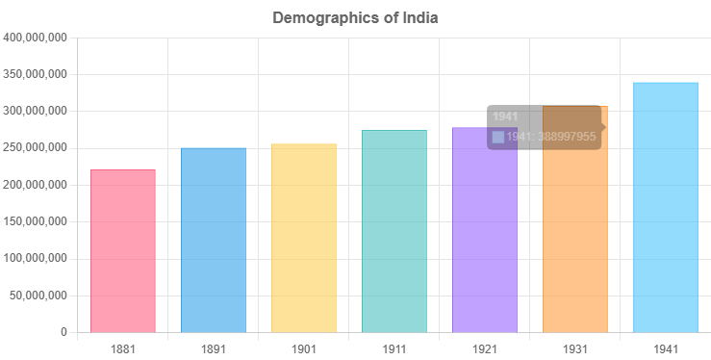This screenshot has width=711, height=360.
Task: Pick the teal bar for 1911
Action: coord(394,231)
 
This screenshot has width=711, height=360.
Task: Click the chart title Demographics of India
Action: coord(355,17)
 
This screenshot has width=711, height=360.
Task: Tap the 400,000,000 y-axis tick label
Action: coord(35,38)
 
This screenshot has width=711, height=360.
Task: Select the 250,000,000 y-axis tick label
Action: coord(35,148)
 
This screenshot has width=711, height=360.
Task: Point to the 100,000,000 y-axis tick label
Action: coord(35,259)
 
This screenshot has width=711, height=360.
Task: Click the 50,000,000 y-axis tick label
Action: coord(38,296)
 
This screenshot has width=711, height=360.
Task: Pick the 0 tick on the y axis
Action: coord(63,332)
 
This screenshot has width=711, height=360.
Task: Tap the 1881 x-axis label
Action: coord(123,347)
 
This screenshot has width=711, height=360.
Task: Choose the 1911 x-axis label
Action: coord(394,347)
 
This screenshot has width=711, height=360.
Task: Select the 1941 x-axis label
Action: coord(666,347)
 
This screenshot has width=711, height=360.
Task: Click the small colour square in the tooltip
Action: coord(497,137)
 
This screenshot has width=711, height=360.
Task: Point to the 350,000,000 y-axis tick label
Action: coord(35,74)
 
